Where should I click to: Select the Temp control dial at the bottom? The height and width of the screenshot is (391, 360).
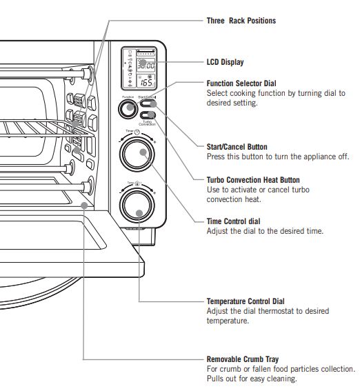[139, 205]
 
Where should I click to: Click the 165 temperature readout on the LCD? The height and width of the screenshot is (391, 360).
[147, 81]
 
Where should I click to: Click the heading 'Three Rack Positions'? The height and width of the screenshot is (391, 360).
[241, 21]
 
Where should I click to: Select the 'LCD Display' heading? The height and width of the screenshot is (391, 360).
[225, 62]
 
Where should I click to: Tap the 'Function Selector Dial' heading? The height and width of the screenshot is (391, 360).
[242, 83]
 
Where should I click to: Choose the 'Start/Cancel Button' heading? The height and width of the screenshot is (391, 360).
[237, 147]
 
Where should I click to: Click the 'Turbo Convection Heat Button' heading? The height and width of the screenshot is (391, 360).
[253, 180]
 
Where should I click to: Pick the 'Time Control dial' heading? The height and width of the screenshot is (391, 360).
[234, 221]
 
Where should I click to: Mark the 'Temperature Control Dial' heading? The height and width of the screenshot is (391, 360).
[245, 301]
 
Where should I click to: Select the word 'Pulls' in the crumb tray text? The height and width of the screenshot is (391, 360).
[215, 379]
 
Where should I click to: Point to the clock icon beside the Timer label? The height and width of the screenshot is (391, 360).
[137, 132]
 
